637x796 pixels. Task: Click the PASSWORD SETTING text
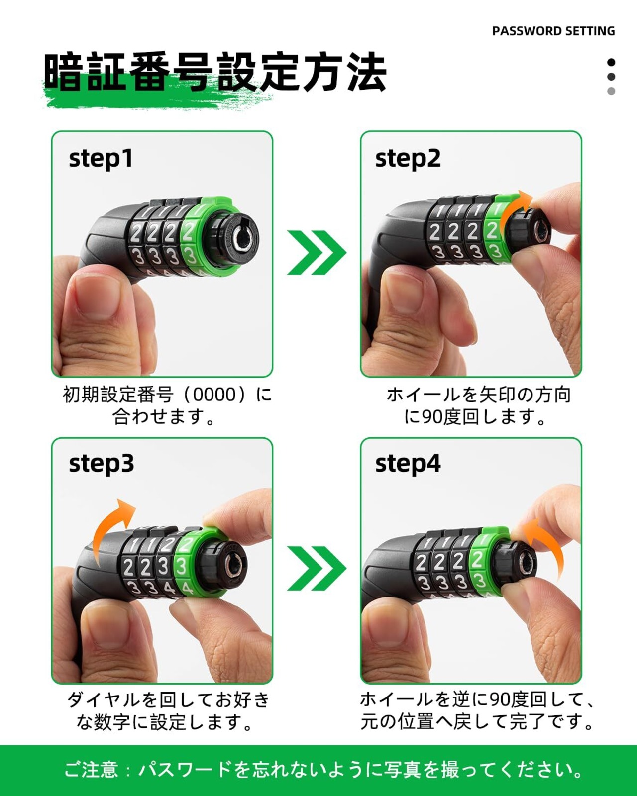(x=553, y=31)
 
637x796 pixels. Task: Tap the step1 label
(x=101, y=159)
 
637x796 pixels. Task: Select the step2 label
(x=408, y=159)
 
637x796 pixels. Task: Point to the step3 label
(x=101, y=464)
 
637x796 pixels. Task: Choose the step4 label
(x=408, y=464)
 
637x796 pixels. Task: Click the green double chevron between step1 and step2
(x=317, y=252)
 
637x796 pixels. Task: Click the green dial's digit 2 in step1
(x=189, y=232)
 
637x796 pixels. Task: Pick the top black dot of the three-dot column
(x=611, y=63)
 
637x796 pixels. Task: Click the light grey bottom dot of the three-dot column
(x=611, y=91)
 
